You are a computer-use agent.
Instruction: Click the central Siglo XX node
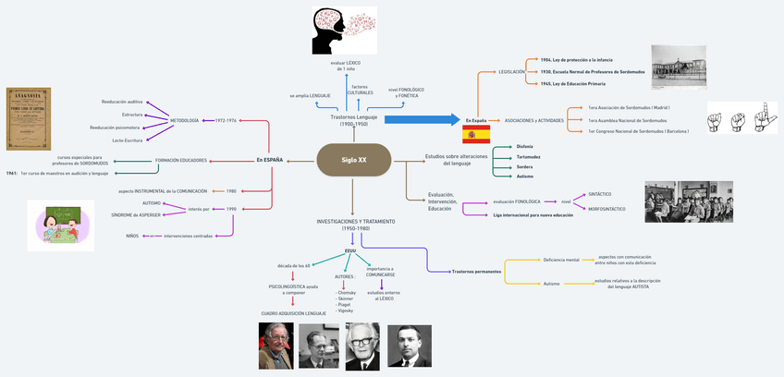(x=354, y=160)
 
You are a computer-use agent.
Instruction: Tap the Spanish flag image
(x=476, y=135)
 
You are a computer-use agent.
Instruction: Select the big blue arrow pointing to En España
(x=421, y=119)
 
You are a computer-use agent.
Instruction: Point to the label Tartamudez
(x=504, y=156)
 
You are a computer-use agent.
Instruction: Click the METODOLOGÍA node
(x=185, y=120)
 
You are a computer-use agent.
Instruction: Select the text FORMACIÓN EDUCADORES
(x=180, y=160)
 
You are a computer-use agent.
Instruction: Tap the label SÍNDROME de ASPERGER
(x=136, y=214)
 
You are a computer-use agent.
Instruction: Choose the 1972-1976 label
(x=227, y=120)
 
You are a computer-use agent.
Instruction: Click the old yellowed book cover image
(x=29, y=118)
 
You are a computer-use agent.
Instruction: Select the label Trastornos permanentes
(x=476, y=272)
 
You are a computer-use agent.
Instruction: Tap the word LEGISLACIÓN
(x=511, y=71)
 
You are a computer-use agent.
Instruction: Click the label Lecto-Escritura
(x=128, y=140)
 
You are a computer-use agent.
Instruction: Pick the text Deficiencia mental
(x=561, y=260)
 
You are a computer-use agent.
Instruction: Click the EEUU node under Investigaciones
(x=349, y=249)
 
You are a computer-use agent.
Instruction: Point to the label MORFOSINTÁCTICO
(x=606, y=208)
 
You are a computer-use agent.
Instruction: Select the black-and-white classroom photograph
(x=688, y=201)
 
